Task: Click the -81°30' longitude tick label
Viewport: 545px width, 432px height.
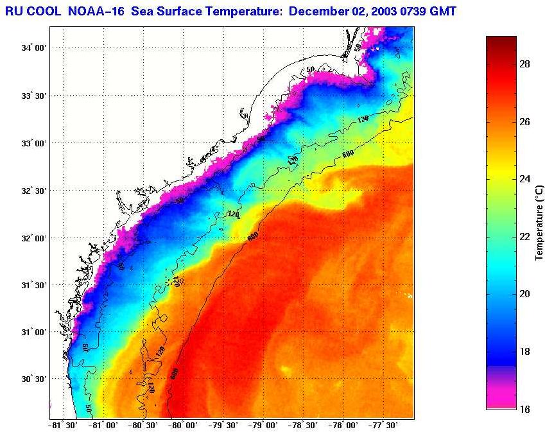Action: [63, 425]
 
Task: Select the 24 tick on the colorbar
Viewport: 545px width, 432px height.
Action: [524, 179]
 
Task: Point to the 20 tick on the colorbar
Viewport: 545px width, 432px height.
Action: [524, 294]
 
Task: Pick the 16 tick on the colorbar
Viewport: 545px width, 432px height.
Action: [524, 409]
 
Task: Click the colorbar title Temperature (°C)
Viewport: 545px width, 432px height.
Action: [541, 222]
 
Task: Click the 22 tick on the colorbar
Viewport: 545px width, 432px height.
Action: [524, 236]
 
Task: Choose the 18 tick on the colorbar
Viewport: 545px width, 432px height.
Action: [524, 352]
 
